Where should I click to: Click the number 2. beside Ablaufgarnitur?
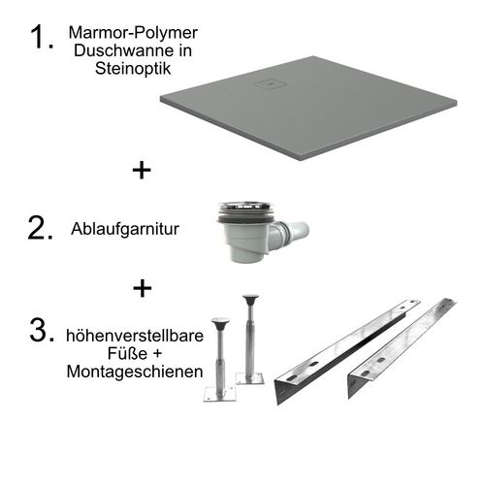pos(42,229)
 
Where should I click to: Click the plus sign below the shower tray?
pos(143,171)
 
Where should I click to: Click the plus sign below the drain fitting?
pos(143,288)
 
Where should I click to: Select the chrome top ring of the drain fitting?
pos(240,208)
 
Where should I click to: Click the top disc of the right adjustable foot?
pos(250,300)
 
